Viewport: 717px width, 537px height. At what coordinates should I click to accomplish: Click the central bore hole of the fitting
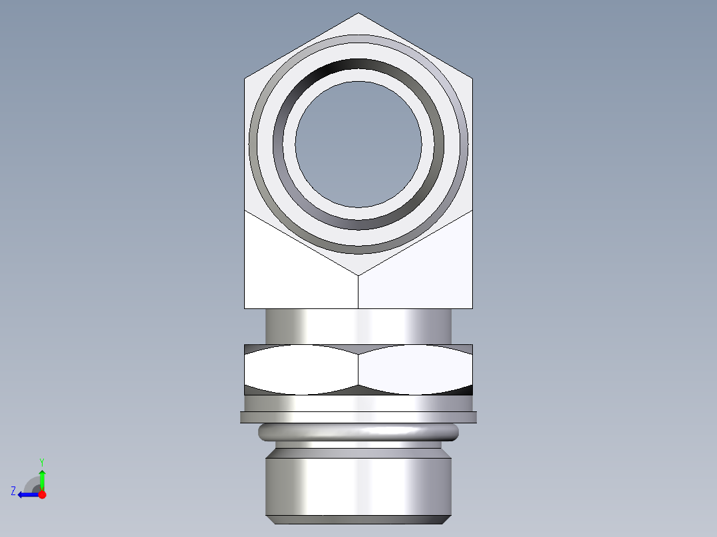click(x=358, y=144)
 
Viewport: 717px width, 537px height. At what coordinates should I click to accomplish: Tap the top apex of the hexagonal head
click(x=358, y=14)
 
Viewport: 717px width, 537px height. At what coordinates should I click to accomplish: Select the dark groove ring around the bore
click(x=358, y=65)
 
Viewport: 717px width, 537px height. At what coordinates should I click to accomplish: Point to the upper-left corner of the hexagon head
click(x=245, y=79)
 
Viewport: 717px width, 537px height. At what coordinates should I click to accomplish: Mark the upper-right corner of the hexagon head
click(x=472, y=79)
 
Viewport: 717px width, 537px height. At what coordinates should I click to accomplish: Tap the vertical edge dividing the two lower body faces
click(x=358, y=292)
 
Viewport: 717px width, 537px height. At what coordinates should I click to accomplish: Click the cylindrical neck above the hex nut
click(x=358, y=326)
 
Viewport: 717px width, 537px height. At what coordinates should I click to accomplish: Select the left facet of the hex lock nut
click(x=301, y=370)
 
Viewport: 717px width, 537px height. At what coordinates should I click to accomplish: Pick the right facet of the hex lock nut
click(x=416, y=370)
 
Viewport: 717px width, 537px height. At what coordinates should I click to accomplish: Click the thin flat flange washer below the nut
click(x=358, y=417)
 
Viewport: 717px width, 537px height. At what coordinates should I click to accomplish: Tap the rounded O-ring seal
click(x=358, y=433)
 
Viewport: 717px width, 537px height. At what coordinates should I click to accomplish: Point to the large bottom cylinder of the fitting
click(x=358, y=482)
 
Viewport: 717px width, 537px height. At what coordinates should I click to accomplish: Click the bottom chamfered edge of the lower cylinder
click(x=358, y=519)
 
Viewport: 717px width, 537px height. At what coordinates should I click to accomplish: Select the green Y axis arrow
click(x=42, y=479)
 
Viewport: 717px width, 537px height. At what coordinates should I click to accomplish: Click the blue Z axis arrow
click(x=27, y=494)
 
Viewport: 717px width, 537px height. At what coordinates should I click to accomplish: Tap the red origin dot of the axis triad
click(x=42, y=494)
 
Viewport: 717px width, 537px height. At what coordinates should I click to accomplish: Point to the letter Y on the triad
click(x=41, y=461)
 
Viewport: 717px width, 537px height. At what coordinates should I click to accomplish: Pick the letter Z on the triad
click(x=13, y=491)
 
